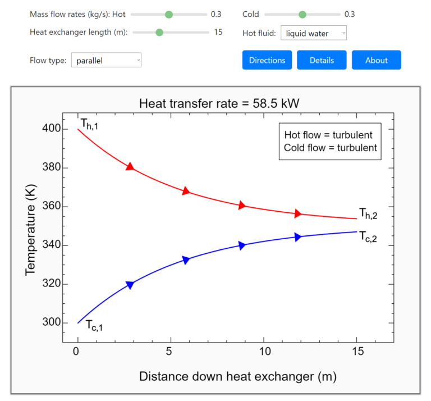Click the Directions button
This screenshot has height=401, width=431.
tap(267, 60)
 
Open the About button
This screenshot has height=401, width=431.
tap(376, 60)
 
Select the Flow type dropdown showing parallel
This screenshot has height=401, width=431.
tap(106, 60)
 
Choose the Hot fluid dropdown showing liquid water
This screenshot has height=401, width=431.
tap(314, 33)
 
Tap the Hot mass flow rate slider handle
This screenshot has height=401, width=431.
tap(169, 15)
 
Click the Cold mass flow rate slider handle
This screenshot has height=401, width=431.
tap(302, 15)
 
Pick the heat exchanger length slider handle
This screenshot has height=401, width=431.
tap(159, 33)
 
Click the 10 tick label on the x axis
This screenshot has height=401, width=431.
tap(264, 352)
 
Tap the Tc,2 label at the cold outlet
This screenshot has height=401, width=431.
tap(368, 236)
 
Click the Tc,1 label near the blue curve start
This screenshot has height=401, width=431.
tap(94, 325)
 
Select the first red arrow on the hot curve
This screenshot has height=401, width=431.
tap(130, 167)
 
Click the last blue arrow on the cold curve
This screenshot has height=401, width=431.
tap(298, 237)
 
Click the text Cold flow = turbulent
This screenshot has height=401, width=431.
tap(330, 148)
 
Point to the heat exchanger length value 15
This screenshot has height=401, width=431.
tap(218, 33)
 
